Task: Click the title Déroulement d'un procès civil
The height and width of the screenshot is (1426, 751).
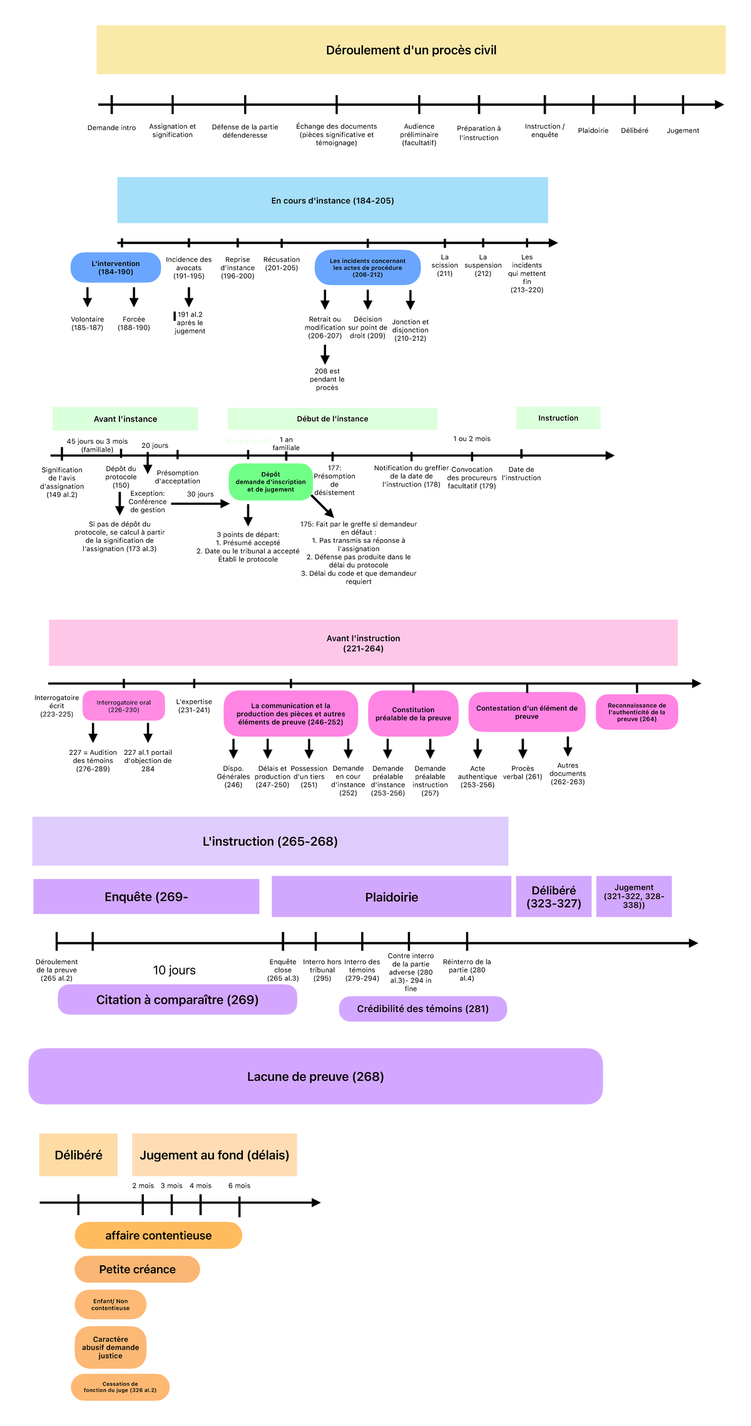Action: pyautogui.click(x=411, y=50)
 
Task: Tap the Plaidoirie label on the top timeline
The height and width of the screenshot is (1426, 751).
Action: pyautogui.click(x=593, y=131)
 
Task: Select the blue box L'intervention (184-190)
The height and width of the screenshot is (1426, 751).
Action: pyautogui.click(x=115, y=268)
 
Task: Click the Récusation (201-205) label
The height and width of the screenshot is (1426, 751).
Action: pyautogui.click(x=281, y=264)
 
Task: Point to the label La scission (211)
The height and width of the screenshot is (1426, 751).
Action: pyautogui.click(x=444, y=265)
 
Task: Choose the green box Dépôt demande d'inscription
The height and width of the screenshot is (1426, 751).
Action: pyautogui.click(x=270, y=482)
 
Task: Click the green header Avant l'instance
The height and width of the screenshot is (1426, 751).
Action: pyautogui.click(x=125, y=419)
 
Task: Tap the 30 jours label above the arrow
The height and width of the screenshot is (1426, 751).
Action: pyautogui.click(x=200, y=494)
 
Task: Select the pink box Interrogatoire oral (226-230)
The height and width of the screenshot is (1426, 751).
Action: pyautogui.click(x=123, y=706)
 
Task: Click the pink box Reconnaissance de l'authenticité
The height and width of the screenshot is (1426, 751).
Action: pyautogui.click(x=636, y=712)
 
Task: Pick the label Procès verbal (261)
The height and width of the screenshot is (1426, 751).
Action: pyautogui.click(x=523, y=772)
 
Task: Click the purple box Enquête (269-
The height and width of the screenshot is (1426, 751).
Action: pyautogui.click(x=146, y=897)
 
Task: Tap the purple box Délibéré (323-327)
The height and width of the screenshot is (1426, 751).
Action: pyautogui.click(x=553, y=897)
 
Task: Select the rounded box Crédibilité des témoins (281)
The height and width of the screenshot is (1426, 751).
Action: pyautogui.click(x=422, y=1009)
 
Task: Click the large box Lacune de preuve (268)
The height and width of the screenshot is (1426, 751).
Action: pyautogui.click(x=315, y=1076)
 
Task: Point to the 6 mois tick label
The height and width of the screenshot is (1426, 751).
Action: pyautogui.click(x=239, y=1186)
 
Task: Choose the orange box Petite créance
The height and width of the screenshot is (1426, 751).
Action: pyautogui.click(x=137, y=1270)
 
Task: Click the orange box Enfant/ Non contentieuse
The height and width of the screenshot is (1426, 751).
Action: pyautogui.click(x=110, y=1305)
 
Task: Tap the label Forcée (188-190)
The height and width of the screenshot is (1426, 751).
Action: pyautogui.click(x=134, y=323)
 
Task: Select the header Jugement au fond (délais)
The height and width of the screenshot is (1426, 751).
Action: pyautogui.click(x=214, y=1155)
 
